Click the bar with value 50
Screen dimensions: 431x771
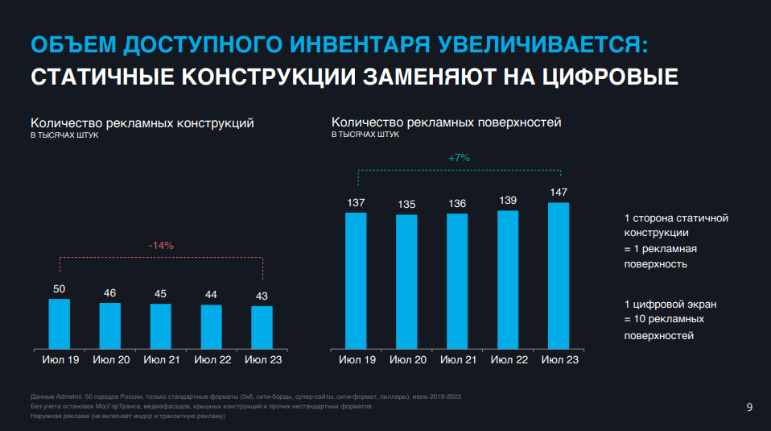(60, 323)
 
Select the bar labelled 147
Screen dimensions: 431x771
(559, 275)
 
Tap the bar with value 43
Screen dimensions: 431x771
(262, 326)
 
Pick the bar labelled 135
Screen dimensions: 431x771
(406, 281)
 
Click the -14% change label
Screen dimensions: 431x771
(161, 245)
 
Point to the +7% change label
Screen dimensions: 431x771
(459, 158)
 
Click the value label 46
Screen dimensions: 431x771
(110, 292)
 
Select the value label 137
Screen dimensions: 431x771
(356, 202)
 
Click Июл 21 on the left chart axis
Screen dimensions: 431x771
(161, 359)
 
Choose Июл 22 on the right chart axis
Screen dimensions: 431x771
(508, 359)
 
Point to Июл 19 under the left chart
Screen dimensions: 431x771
(60, 359)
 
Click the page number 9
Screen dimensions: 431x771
(749, 408)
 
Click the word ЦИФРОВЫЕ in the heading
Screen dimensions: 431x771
(609, 77)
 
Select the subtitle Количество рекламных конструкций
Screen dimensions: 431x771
(142, 123)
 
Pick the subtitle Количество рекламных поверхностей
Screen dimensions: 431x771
(447, 122)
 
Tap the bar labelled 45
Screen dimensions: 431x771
(161, 325)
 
